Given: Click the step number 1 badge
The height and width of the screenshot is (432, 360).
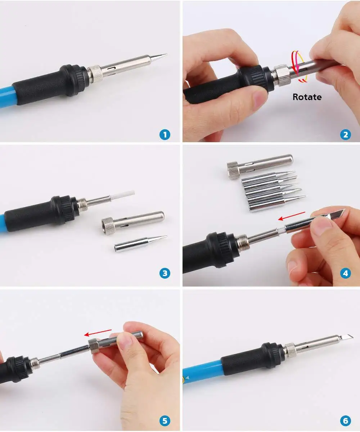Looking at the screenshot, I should (x=165, y=135).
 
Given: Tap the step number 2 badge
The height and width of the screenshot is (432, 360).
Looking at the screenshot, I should (x=345, y=135).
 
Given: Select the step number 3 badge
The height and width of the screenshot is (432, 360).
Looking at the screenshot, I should (x=165, y=273).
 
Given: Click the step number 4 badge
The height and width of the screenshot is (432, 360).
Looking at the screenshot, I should (x=345, y=273).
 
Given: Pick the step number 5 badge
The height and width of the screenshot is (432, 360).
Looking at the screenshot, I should (x=165, y=420).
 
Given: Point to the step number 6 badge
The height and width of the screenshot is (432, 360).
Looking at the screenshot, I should (x=345, y=420).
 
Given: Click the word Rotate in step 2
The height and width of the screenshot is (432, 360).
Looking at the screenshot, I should (x=307, y=97).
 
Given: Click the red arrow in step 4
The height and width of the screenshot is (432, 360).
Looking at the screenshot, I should (x=292, y=216).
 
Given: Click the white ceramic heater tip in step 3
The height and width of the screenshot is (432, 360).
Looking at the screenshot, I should (x=123, y=196).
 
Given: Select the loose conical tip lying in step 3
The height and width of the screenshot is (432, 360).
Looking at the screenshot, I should (x=140, y=243).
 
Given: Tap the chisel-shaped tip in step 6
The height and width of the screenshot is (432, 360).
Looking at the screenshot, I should (x=346, y=337).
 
